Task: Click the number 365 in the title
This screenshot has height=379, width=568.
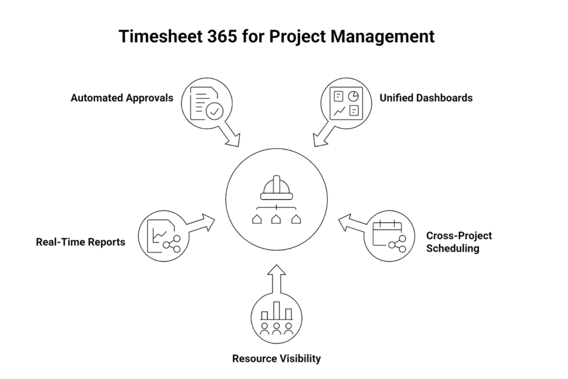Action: (222, 36)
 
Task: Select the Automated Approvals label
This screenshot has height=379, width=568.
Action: (122, 98)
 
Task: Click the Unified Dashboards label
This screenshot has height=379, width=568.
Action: (426, 98)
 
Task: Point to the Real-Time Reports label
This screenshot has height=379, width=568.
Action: (80, 242)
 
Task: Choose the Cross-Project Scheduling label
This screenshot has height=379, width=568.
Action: (459, 242)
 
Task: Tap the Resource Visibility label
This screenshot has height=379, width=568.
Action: (276, 358)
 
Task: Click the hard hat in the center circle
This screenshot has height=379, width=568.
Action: (276, 188)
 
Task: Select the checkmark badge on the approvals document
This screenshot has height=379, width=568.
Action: (215, 111)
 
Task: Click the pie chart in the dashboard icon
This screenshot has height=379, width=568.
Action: (353, 96)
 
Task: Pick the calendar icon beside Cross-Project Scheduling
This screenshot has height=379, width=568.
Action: (387, 234)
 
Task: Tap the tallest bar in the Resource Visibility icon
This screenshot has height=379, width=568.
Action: (276, 311)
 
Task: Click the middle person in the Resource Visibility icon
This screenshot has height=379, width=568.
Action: (276, 329)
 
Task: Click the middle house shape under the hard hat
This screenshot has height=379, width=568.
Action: (276, 219)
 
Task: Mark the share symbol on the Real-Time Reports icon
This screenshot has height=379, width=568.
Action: (172, 244)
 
